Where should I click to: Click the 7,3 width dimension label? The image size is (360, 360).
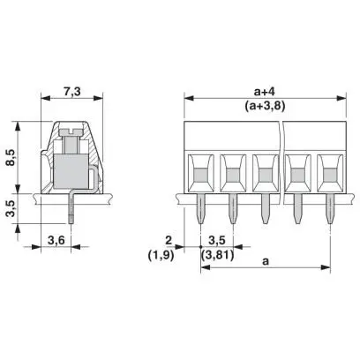[x=72, y=92]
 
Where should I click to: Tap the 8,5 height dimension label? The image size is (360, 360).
[x=11, y=157]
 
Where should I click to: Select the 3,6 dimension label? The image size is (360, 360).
[x=56, y=241]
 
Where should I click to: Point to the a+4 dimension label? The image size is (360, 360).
[x=265, y=92]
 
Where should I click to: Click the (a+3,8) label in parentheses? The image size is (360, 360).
[x=265, y=106]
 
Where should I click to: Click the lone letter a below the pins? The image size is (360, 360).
[x=266, y=261]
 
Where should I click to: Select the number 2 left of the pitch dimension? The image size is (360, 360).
[x=169, y=241]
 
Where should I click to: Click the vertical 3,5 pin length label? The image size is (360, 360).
[x=11, y=208]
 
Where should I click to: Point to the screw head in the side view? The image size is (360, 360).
[x=71, y=132]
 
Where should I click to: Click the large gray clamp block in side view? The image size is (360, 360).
[x=71, y=171]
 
